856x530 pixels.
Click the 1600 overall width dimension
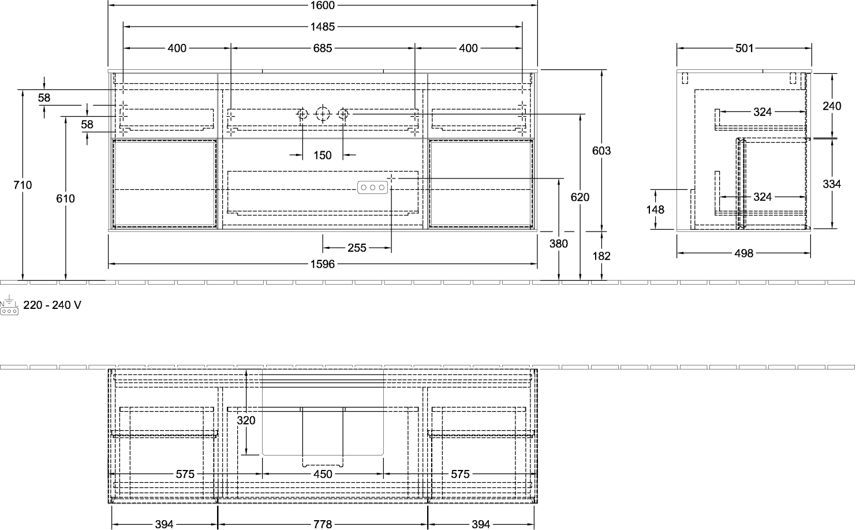tap(322, 5)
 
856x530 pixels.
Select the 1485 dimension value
tap(322, 27)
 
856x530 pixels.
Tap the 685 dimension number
tap(322, 48)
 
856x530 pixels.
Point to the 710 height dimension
tap(23, 185)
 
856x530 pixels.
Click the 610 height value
tap(65, 199)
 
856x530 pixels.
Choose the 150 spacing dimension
tap(322, 155)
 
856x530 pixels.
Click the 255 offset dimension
tap(357, 248)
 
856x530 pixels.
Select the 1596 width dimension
tap(322, 264)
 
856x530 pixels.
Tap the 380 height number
tap(558, 244)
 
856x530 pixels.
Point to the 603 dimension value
tap(601, 151)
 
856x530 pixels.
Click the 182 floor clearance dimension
tap(601, 256)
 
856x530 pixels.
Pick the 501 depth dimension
tap(744, 48)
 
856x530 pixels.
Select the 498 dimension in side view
tap(743, 253)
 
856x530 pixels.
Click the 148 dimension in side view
tap(655, 210)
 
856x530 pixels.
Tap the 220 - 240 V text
tap(53, 305)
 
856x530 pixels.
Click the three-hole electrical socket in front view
tap(372, 188)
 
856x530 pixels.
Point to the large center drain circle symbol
tap(323, 114)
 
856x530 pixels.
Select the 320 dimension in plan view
tap(246, 420)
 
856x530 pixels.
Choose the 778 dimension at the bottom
tap(322, 524)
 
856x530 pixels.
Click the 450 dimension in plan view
tap(323, 474)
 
